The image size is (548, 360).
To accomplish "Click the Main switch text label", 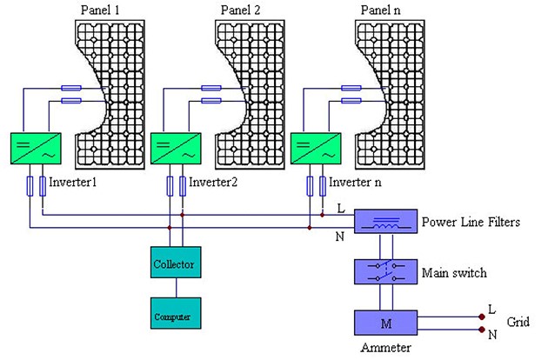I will coord(454,273).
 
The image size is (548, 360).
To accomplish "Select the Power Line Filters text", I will coord(471,222).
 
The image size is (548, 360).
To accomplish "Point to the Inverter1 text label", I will coord(73,184).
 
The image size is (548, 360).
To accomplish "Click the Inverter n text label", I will coord(357,184).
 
